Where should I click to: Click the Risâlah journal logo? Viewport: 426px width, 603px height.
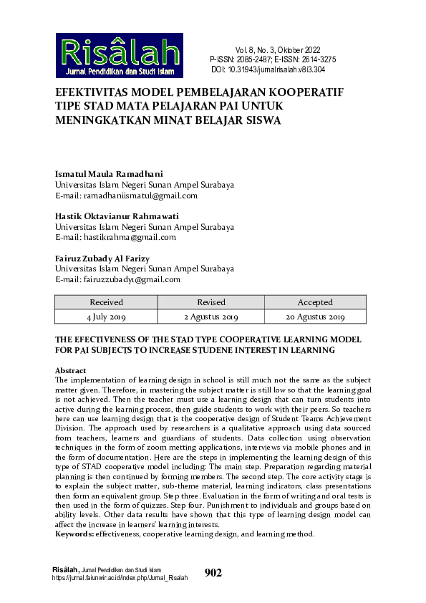point(119,55)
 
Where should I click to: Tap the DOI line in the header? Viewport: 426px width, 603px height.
point(268,69)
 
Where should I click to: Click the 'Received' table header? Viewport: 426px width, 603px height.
point(106,302)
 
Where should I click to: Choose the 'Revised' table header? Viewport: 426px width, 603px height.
point(210,302)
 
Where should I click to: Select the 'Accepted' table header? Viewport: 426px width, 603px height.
point(315,302)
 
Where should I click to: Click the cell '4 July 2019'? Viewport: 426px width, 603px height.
point(106,317)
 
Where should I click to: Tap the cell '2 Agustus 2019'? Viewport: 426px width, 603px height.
point(210,317)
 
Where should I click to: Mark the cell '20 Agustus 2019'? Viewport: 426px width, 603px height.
point(315,317)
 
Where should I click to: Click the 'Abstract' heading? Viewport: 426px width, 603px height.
point(70,370)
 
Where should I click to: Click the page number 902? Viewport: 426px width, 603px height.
point(213,572)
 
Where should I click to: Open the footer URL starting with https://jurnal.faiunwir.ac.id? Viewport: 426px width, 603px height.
point(120,577)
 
